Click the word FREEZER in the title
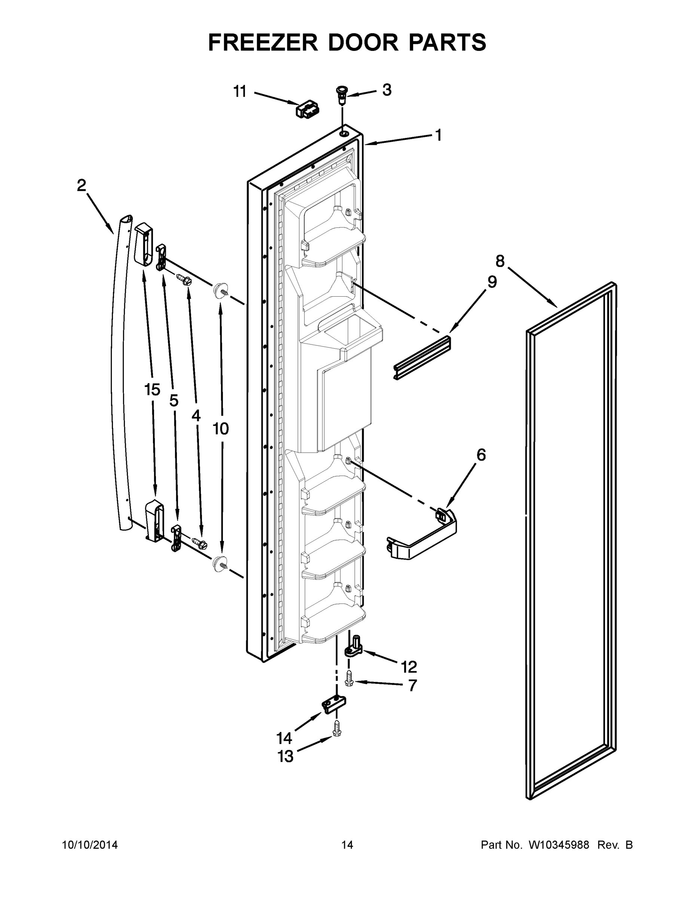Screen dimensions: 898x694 tap(263, 42)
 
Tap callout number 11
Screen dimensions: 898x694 tap(240, 91)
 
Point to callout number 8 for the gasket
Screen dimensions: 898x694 tap(499, 261)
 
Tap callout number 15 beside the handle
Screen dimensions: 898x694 tap(152, 390)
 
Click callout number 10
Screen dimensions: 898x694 tap(221, 429)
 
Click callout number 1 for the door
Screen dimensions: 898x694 tap(438, 135)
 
